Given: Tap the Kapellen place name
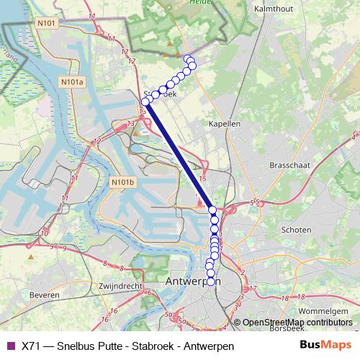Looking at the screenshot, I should (x=224, y=124).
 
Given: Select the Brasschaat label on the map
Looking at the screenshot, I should (x=289, y=165).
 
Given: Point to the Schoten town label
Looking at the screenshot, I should (x=297, y=230).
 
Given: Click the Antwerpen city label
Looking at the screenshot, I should (x=192, y=281).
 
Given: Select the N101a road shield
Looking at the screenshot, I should (x=73, y=83).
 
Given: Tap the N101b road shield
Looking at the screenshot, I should (x=123, y=183).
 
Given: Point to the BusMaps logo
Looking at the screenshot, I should (x=325, y=346).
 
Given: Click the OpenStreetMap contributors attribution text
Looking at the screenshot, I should (x=297, y=323).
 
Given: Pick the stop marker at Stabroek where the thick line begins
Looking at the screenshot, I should (x=145, y=102).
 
